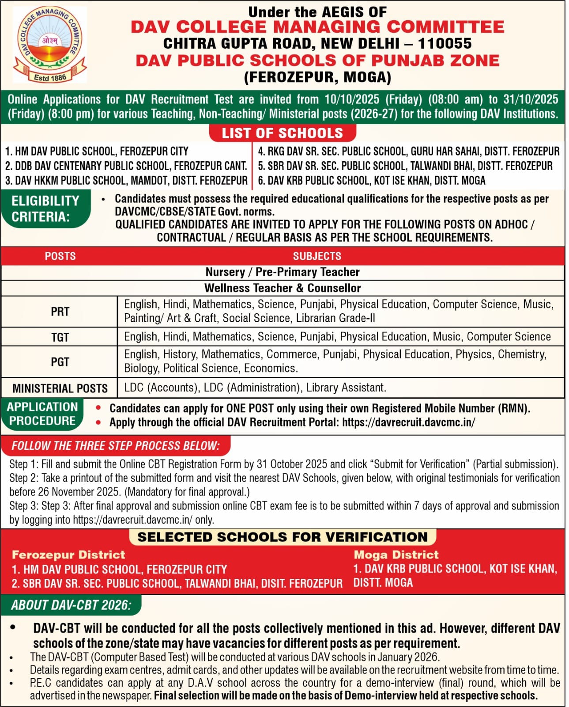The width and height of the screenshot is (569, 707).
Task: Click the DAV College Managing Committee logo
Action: (50, 44)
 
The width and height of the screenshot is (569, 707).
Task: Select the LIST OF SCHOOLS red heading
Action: (282, 133)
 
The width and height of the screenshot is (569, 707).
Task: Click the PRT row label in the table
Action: (60, 312)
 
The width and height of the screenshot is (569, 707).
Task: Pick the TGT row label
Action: (60, 337)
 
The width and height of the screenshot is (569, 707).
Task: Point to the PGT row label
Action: (60, 362)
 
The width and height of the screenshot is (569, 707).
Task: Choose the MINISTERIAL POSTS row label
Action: (60, 388)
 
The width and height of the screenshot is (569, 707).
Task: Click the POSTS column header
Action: (60, 256)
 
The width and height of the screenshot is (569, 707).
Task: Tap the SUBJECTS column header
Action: (317, 256)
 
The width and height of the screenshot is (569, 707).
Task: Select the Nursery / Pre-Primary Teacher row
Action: (283, 272)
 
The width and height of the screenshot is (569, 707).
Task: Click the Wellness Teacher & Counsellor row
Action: (283, 288)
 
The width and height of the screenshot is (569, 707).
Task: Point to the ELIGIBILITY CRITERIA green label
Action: (45, 209)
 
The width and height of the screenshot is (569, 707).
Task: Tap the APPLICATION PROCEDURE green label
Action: (42, 414)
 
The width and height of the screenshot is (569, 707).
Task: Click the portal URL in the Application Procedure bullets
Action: (408, 422)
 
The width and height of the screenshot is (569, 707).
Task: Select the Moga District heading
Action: (396, 555)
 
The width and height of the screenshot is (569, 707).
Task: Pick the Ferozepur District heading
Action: (68, 555)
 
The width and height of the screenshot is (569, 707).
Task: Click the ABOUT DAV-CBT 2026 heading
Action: (71, 605)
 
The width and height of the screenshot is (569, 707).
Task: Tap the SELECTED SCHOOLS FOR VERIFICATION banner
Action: (283, 537)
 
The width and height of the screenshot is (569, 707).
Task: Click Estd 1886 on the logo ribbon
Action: (50, 78)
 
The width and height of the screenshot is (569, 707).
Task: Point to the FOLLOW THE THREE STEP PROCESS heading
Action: (115, 445)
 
